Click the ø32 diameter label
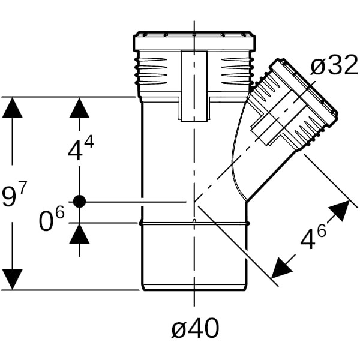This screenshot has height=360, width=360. [x=335, y=66]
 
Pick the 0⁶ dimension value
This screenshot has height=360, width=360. [x=50, y=221]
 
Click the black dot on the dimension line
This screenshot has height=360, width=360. [x=79, y=202]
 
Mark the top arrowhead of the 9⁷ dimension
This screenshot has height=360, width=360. [x=12, y=107]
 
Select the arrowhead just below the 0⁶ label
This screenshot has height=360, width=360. [x=79, y=233]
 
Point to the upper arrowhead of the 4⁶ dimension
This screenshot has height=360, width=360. [x=340, y=211]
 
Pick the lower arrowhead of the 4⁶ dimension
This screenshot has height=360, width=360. [x=282, y=268]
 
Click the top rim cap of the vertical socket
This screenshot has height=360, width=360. [x=194, y=42]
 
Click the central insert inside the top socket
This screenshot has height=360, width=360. [x=194, y=84]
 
